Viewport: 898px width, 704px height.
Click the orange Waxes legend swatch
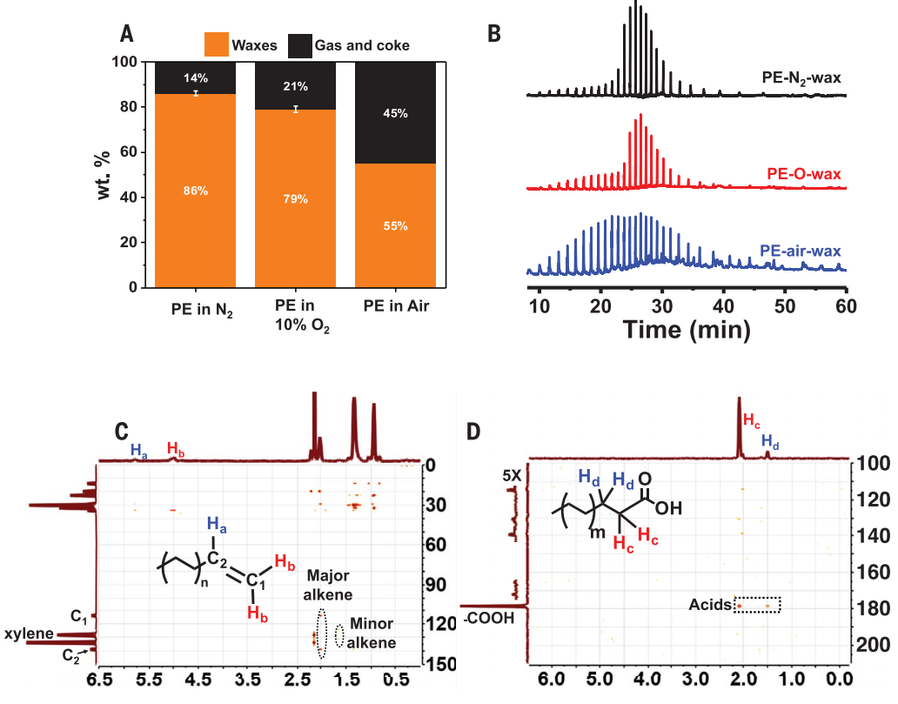coord(215,44)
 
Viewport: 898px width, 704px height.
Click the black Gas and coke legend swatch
coord(298,44)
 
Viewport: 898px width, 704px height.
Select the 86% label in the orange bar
coord(196,191)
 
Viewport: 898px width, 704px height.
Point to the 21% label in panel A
coord(295,86)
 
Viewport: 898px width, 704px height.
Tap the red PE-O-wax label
coord(805,173)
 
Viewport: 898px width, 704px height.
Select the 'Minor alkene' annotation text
coord(372,633)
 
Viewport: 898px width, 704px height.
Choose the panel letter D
coord(475,431)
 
